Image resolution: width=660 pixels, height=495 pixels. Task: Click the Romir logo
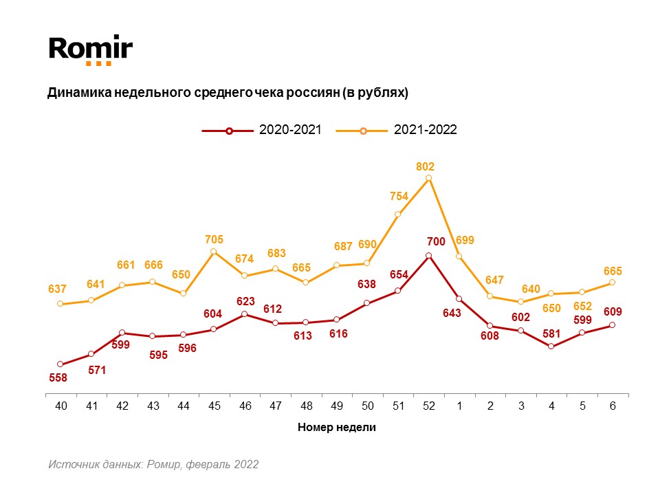[x=90, y=50]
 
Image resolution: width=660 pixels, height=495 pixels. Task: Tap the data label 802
[x=426, y=166]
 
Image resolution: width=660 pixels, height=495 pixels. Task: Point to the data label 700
[x=436, y=241]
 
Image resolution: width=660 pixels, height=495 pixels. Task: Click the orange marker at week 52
[x=428, y=178]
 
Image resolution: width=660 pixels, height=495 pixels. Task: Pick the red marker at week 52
[x=428, y=256]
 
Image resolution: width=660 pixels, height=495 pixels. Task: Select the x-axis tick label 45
[x=214, y=406]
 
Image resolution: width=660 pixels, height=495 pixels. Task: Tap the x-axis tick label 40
[x=61, y=406]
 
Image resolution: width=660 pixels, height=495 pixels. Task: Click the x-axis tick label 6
[x=613, y=406]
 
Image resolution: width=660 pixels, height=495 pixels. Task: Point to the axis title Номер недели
[x=337, y=427]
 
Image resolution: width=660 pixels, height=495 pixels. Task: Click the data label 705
[x=214, y=239]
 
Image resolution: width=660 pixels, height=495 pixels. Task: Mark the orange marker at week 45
[x=214, y=252]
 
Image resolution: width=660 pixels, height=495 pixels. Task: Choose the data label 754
[x=399, y=196]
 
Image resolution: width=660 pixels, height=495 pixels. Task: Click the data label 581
[x=551, y=334]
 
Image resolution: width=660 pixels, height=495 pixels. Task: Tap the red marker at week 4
[x=551, y=346]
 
